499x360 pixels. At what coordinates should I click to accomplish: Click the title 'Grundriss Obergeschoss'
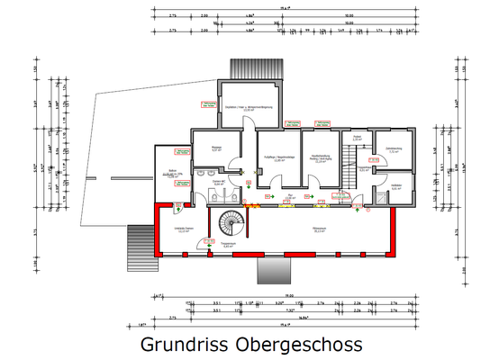(x=251, y=345)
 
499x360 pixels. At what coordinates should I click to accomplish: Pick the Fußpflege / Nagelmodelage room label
(x=277, y=158)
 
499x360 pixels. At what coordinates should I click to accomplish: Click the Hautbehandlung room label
(x=321, y=158)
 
